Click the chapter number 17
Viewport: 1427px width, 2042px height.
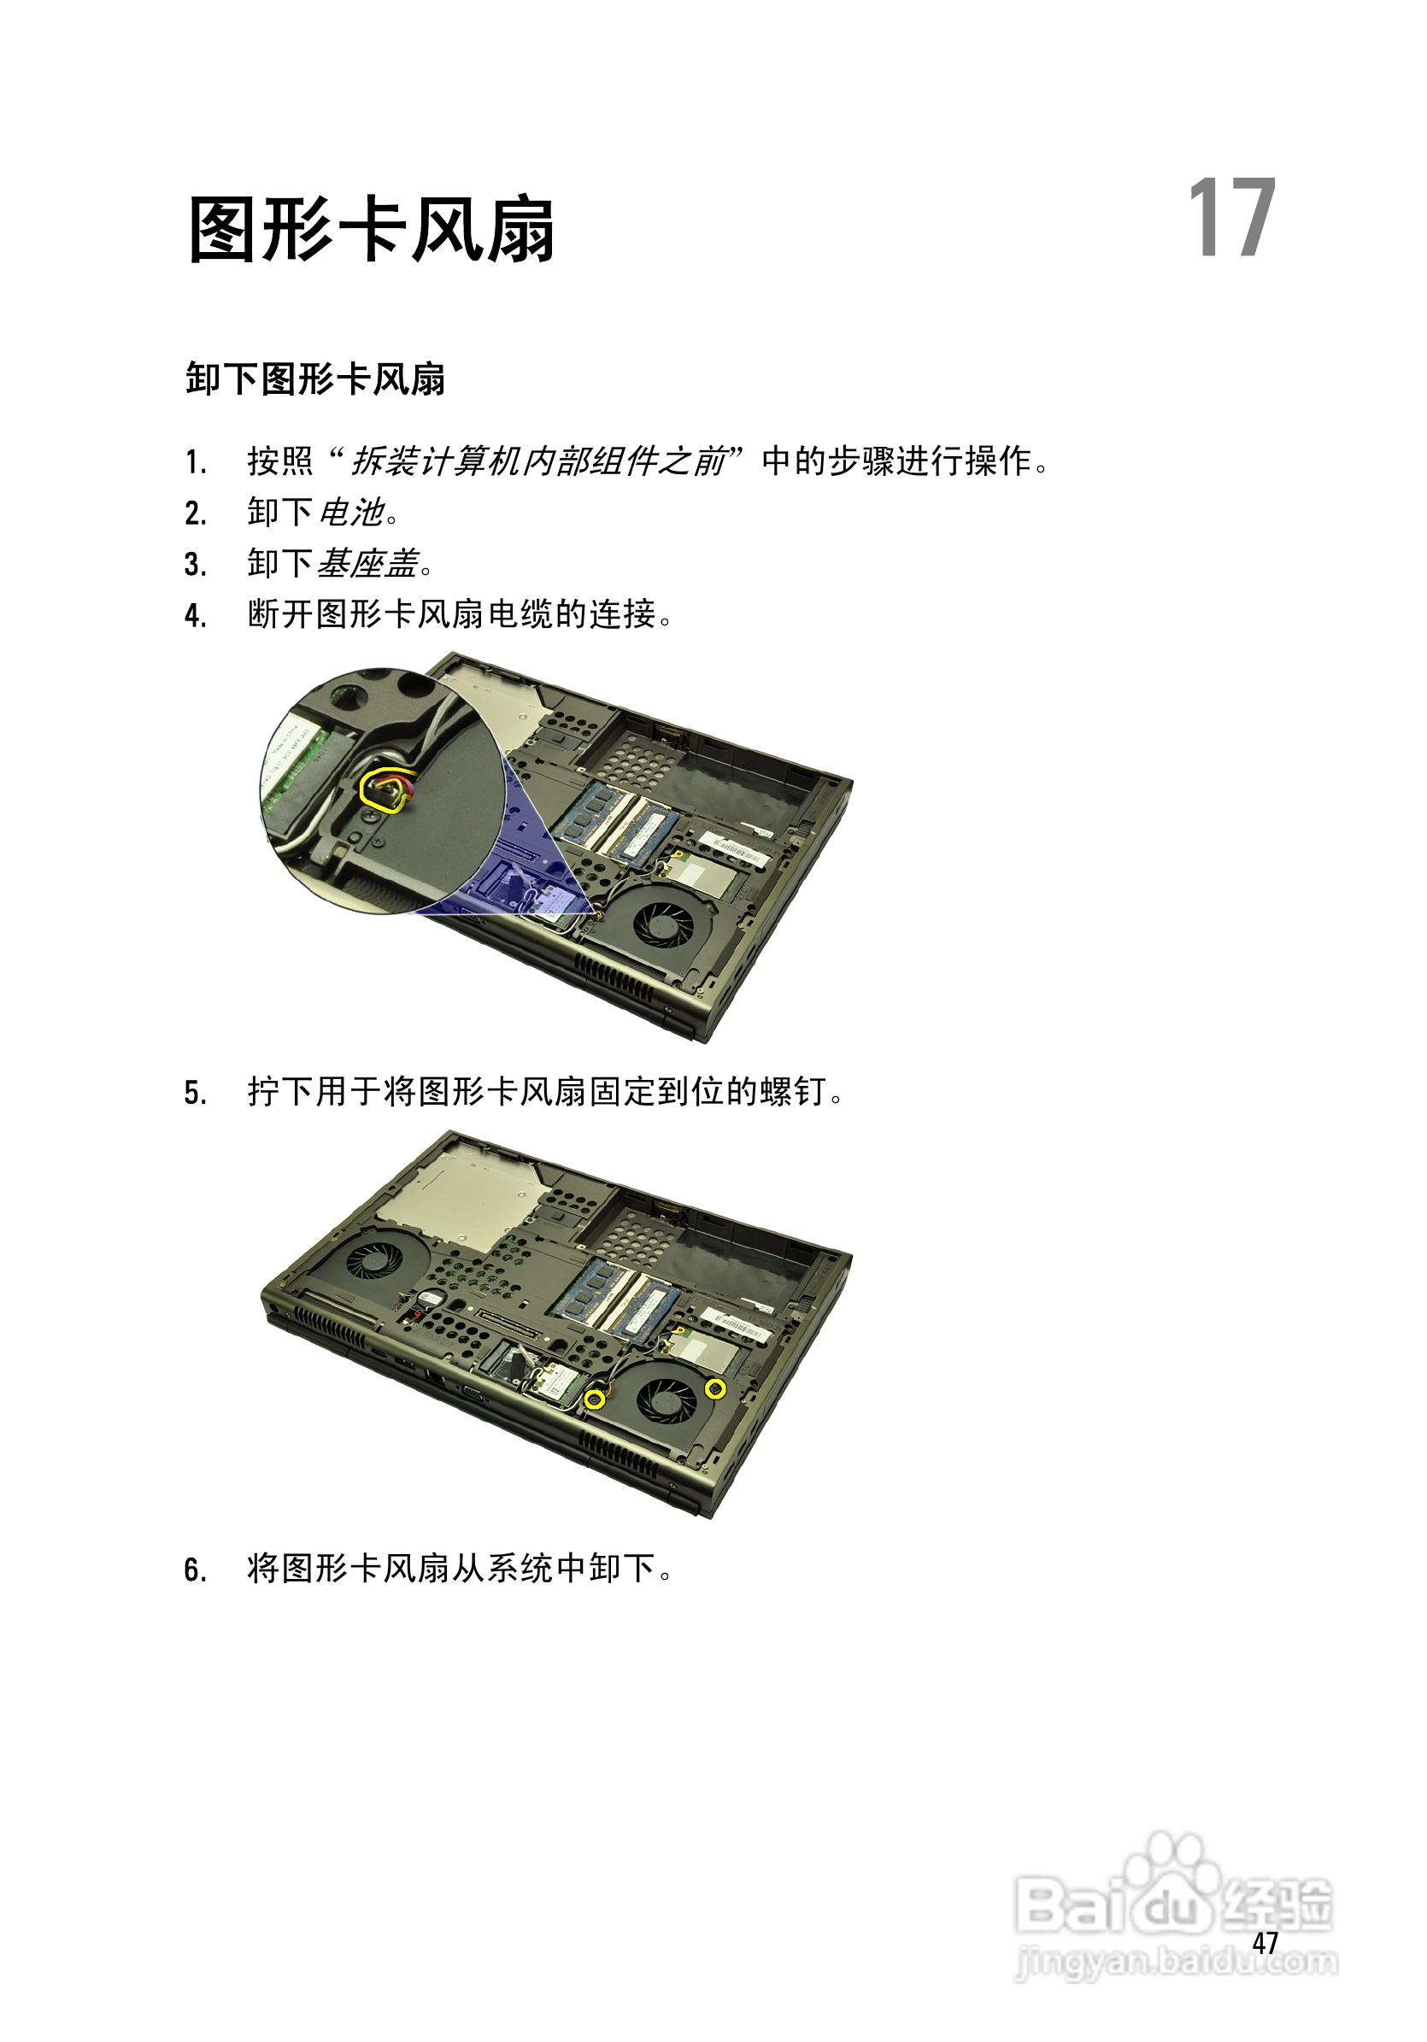tap(1231, 218)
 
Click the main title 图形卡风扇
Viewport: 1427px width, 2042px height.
tap(372, 231)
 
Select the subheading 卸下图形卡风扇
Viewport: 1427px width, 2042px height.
tap(315, 379)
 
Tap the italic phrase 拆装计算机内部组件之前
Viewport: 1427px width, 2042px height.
tap(538, 461)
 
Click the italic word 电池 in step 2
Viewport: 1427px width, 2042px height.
tap(351, 513)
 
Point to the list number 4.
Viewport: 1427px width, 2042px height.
tap(195, 615)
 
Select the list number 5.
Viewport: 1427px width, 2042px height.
tap(195, 1093)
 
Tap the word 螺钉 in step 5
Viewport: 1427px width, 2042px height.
tap(793, 1091)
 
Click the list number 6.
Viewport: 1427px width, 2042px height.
tap(195, 1570)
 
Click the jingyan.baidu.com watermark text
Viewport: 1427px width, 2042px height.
tap(1176, 1961)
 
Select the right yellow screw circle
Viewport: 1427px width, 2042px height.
tap(714, 1388)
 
